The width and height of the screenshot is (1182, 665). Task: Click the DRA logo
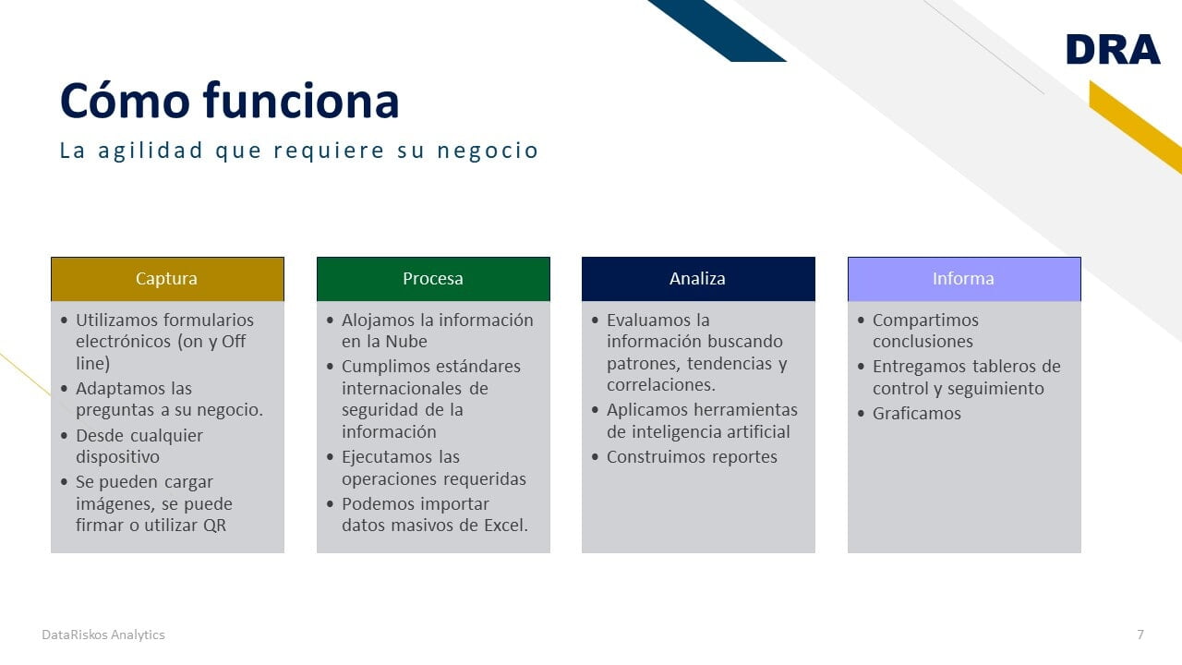(x=1113, y=50)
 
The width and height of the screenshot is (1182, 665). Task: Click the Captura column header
(x=167, y=279)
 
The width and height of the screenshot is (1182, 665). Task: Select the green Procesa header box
(x=433, y=279)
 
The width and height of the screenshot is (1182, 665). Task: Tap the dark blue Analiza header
(x=698, y=279)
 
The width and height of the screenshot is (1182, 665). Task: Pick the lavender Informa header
(x=964, y=279)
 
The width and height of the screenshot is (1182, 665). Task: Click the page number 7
(x=1140, y=635)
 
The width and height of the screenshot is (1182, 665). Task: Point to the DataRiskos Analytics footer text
(x=103, y=635)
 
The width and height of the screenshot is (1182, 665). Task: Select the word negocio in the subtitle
(x=487, y=151)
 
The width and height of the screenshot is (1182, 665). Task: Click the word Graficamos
(x=917, y=413)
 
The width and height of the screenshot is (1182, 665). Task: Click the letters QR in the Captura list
(x=214, y=526)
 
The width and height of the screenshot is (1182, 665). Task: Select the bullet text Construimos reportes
(x=692, y=457)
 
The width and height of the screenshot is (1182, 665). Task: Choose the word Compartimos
(x=925, y=320)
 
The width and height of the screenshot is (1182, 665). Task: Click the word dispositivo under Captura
(x=117, y=457)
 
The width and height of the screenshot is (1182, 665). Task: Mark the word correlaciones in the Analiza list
(x=660, y=385)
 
